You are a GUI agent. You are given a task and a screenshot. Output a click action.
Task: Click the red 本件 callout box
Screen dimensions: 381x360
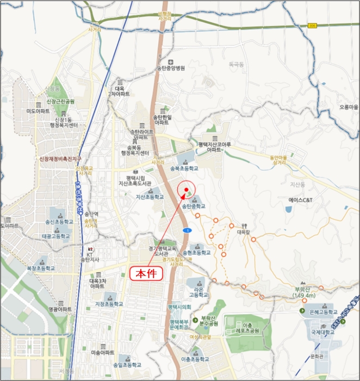click(146, 273)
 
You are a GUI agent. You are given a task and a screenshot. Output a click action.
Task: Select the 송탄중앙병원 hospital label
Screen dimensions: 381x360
click(171, 68)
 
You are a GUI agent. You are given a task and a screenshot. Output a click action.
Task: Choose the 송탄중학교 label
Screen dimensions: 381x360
click(194, 207)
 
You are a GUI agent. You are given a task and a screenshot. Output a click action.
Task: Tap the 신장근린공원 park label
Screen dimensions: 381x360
click(60, 102)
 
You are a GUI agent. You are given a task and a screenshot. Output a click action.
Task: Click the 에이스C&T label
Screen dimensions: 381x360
click(301, 200)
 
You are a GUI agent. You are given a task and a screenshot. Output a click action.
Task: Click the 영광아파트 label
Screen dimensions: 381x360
click(60, 309)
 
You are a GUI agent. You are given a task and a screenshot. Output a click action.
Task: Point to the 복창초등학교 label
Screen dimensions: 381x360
click(41, 268)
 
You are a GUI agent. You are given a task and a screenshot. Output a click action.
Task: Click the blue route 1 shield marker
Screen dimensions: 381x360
click(187, 231)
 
